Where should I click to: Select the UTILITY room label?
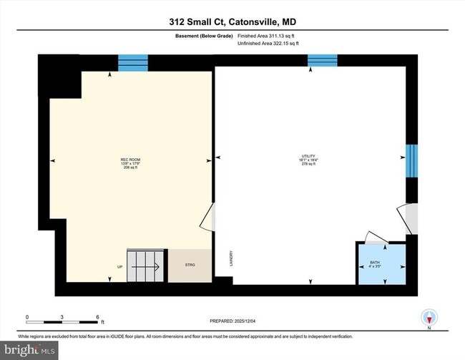click(x=309, y=160)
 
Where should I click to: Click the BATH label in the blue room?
click(x=381, y=264)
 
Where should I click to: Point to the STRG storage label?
click(x=190, y=266)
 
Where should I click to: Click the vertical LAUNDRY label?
click(x=231, y=258)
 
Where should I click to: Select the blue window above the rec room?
click(x=132, y=63)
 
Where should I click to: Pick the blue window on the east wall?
click(x=411, y=160)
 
